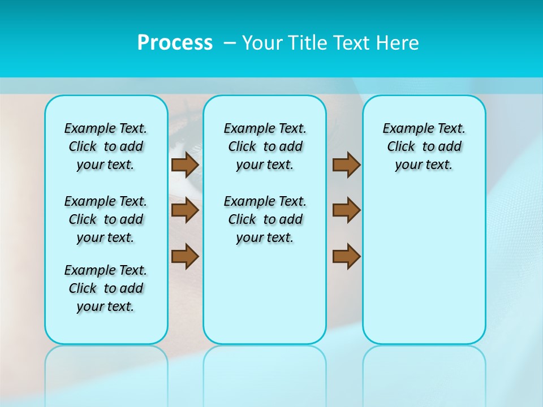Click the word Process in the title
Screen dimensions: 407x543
point(175,43)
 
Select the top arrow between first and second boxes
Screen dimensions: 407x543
point(185,164)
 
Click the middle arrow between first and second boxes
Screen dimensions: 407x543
point(185,210)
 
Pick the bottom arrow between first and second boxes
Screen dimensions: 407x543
point(185,256)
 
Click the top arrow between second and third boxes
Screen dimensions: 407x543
point(346,164)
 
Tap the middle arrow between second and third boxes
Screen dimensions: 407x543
point(346,210)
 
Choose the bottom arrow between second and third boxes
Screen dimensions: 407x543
point(346,256)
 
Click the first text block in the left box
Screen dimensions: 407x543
point(106,146)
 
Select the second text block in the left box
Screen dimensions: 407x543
point(106,219)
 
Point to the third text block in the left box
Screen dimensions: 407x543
point(106,288)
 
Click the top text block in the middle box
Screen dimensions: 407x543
point(265,146)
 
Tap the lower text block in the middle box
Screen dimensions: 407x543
point(265,219)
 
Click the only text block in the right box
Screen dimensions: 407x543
point(424,146)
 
